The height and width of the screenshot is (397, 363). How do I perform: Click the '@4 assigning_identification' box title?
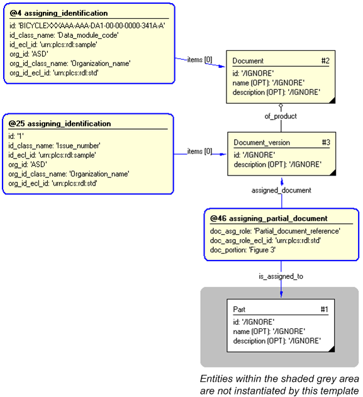[x=59, y=13]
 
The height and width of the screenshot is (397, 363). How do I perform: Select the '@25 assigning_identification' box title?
[x=60, y=124]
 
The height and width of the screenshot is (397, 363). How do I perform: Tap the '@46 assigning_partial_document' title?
[x=269, y=218]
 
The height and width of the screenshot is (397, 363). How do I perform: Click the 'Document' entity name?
[x=248, y=61]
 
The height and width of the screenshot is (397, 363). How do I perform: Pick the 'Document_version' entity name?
[x=262, y=143]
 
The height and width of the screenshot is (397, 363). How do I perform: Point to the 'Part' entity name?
[x=239, y=310]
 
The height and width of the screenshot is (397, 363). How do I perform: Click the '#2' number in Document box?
[x=325, y=61]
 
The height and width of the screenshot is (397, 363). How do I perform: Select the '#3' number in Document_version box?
[x=326, y=143]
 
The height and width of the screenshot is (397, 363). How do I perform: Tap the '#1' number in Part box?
[x=325, y=310]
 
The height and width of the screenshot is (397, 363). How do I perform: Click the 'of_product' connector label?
[x=281, y=116]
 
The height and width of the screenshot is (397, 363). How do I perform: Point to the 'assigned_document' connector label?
[x=281, y=190]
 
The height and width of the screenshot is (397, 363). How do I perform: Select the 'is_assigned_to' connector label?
[x=281, y=276]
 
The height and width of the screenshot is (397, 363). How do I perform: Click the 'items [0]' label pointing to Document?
[x=199, y=60]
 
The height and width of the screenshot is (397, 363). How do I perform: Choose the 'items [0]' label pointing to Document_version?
[x=199, y=152]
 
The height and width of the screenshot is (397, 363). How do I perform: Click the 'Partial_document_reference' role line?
[x=275, y=231]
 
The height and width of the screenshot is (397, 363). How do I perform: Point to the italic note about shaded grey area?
[x=279, y=384]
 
